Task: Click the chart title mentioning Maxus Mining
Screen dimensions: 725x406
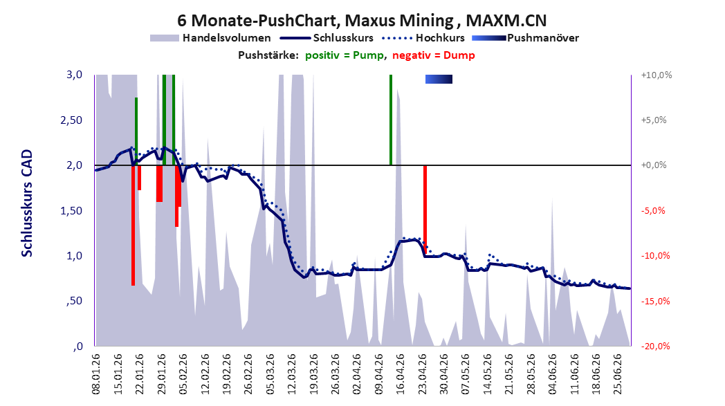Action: point(362,20)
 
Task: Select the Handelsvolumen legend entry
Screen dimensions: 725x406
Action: point(210,38)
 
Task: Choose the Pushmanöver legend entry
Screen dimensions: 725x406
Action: point(525,38)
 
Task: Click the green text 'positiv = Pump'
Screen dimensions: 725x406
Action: point(345,55)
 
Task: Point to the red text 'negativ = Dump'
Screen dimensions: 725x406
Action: point(434,55)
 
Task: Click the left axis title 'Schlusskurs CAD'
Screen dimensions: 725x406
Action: point(27,203)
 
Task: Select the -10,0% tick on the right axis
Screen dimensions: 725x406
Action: point(654,256)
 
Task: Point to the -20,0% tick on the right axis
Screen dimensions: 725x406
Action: point(654,347)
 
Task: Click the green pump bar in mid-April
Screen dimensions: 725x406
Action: point(391,120)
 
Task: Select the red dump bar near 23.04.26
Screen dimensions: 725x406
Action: point(425,209)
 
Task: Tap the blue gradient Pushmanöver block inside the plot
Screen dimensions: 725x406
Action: point(439,79)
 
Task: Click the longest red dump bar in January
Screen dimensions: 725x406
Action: point(133,225)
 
